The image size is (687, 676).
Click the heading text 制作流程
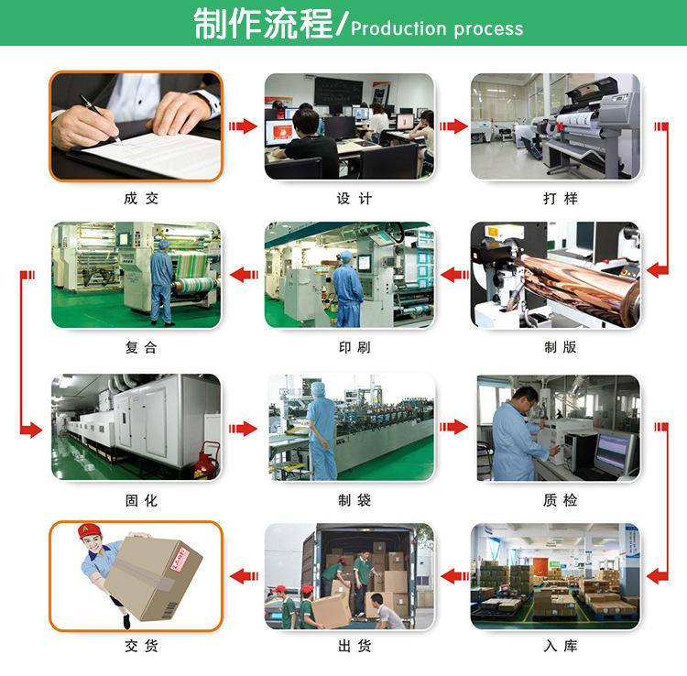[263, 24]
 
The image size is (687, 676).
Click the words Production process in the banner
[437, 29]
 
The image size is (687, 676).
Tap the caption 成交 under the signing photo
[141, 199]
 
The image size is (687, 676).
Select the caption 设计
[354, 199]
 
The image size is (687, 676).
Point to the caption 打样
[561, 199]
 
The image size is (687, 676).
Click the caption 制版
[561, 347]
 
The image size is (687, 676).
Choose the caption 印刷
[354, 347]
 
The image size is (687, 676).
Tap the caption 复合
[141, 347]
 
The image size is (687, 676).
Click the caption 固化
[141, 500]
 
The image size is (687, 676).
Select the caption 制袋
[354, 500]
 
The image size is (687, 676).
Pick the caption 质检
[561, 500]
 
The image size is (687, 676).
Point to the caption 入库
[561, 646]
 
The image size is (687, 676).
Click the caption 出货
[354, 646]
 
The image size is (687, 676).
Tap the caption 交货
[141, 646]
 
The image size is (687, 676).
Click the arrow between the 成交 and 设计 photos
[243, 126]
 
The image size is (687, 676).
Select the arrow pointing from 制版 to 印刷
[454, 275]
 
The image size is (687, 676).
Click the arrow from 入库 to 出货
[454, 576]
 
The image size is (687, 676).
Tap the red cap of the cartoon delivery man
[89, 531]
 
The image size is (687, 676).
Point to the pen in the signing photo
[100, 119]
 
